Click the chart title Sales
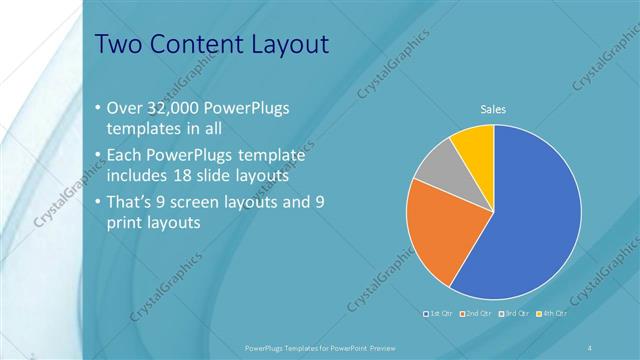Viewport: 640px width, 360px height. pos(492,108)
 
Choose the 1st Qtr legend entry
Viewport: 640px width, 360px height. pos(441,314)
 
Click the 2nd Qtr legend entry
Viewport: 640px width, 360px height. pos(476,314)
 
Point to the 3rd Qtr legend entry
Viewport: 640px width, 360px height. pos(513,314)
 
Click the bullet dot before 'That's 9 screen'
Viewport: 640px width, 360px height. pos(97,201)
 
